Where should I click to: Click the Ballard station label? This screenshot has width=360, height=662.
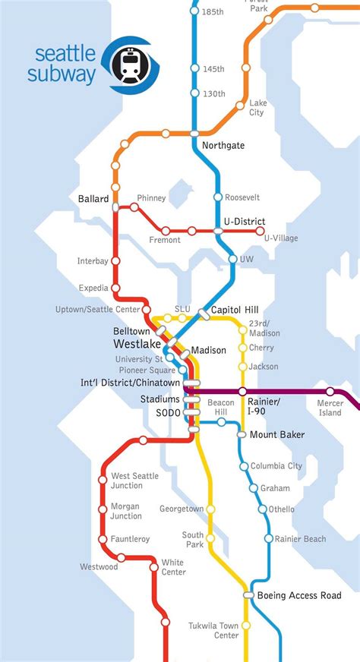pyautogui.click(x=93, y=199)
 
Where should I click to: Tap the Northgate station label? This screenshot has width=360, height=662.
pyautogui.click(x=223, y=145)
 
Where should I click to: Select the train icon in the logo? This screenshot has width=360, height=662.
pyautogui.click(x=129, y=65)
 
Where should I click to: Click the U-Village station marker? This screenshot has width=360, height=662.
pyautogui.click(x=261, y=231)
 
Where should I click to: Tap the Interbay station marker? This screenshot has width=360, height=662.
pyautogui.click(x=115, y=260)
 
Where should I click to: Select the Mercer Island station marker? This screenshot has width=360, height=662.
pyautogui.click(x=330, y=392)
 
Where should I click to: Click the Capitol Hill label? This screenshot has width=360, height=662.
pyautogui.click(x=235, y=310)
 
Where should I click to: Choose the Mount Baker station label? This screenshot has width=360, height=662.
pyautogui.click(x=276, y=435)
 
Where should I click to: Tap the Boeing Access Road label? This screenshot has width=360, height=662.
pyautogui.click(x=298, y=595)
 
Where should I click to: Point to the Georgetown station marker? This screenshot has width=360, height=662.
pyautogui.click(x=211, y=509)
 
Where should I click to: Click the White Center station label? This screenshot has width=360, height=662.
pyautogui.click(x=173, y=567)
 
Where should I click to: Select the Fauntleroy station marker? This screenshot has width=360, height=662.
pyautogui.click(x=103, y=539)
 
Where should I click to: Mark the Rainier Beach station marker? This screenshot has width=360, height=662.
pyautogui.click(x=269, y=539)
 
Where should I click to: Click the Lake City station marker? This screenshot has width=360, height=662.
pyautogui.click(x=241, y=105)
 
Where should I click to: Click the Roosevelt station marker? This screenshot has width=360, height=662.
pyautogui.click(x=218, y=197)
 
